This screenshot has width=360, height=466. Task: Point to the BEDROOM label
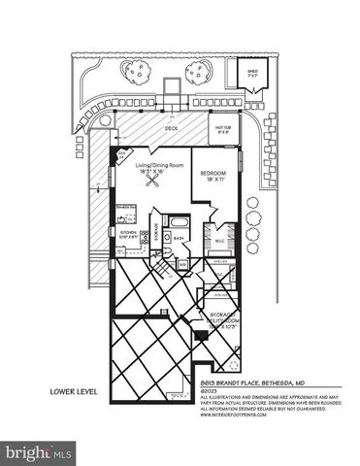point(213,177)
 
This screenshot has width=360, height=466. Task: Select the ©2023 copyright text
point(208,391)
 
